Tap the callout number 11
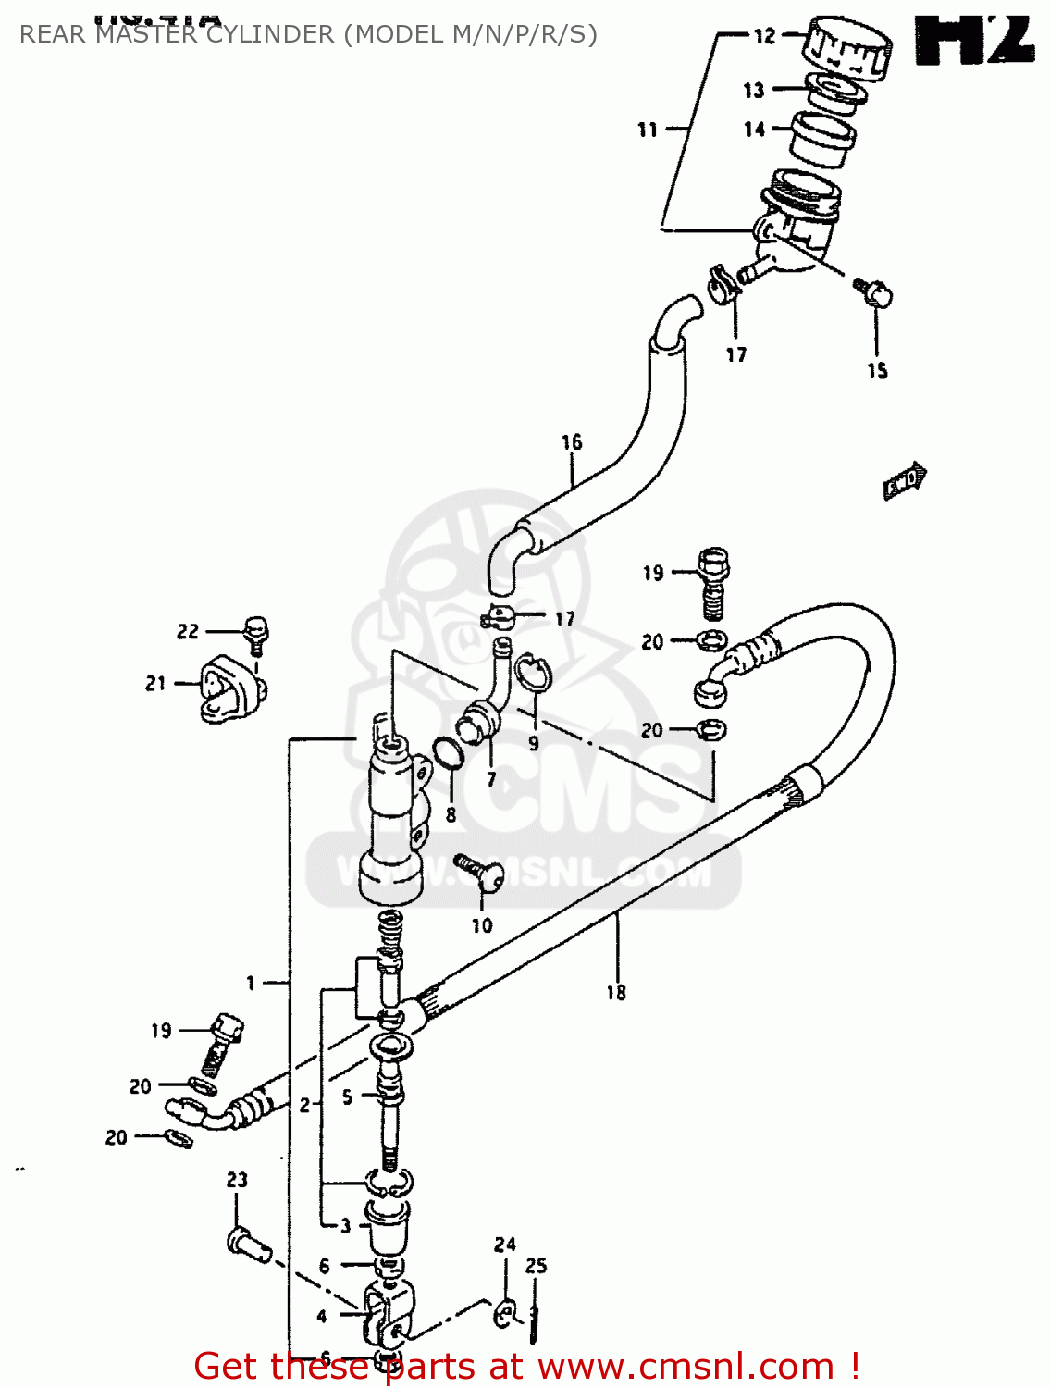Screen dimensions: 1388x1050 click(648, 130)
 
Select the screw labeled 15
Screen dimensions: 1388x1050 click(873, 293)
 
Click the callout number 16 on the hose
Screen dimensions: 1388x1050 click(572, 442)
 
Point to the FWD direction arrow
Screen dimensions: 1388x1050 click(904, 480)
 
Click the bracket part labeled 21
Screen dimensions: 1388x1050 click(228, 688)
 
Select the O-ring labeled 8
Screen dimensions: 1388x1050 click(448, 753)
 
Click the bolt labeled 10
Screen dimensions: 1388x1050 click(481, 871)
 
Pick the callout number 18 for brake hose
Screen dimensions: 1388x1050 click(616, 993)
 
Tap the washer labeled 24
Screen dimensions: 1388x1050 click(505, 1312)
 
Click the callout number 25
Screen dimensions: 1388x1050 click(537, 1266)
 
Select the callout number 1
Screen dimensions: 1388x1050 click(250, 983)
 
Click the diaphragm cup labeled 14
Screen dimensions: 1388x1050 click(821, 139)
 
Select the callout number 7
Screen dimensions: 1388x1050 click(491, 779)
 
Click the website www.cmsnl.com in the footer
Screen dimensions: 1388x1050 click(686, 1367)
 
